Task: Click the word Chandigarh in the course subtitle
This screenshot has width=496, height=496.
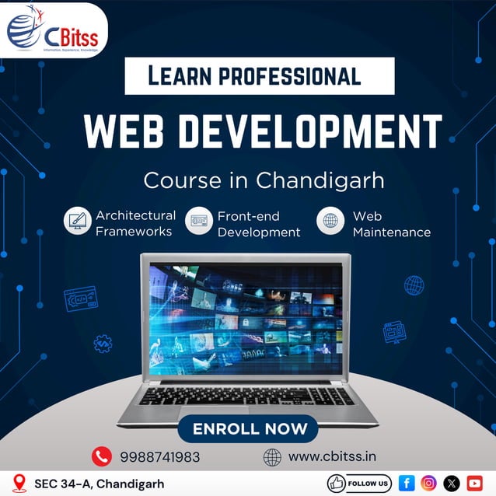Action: (x=320, y=180)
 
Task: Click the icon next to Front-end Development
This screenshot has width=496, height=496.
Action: (x=199, y=222)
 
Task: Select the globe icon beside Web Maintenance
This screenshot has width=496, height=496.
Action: (x=330, y=222)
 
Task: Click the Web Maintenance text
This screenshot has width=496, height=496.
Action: (x=391, y=224)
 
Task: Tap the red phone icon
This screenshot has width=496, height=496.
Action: (x=101, y=456)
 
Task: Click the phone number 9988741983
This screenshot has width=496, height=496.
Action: (x=159, y=457)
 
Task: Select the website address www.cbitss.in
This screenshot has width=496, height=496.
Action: (x=332, y=456)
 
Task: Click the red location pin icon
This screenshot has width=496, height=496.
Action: (x=21, y=483)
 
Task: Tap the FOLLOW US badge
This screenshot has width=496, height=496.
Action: (x=359, y=483)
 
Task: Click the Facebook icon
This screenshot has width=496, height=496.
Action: (x=406, y=483)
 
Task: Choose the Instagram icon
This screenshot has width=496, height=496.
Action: (x=428, y=483)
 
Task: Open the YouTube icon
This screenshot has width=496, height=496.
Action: (x=474, y=483)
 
